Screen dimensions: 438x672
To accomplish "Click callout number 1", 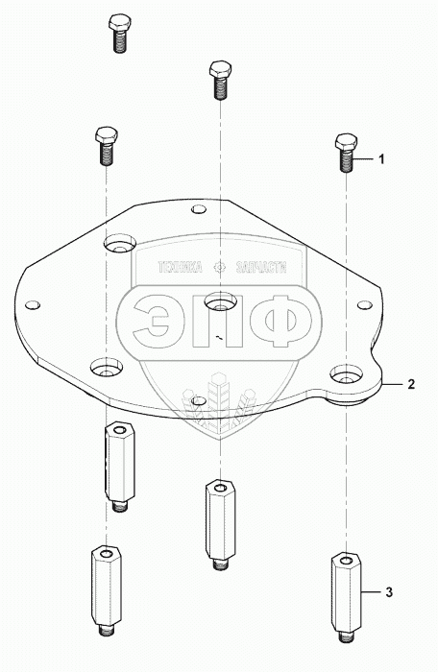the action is pos(381,159).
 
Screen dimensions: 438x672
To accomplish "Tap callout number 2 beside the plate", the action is pos(411,384).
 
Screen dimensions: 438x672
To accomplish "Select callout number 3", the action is pos(389,592).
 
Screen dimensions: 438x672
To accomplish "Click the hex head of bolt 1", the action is pos(346,143).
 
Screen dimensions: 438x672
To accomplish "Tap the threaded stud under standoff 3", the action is pos(346,636).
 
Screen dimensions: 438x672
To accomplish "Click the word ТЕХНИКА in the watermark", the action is pos(181,268).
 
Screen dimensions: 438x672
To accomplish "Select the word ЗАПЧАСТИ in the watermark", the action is pos(261,268).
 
